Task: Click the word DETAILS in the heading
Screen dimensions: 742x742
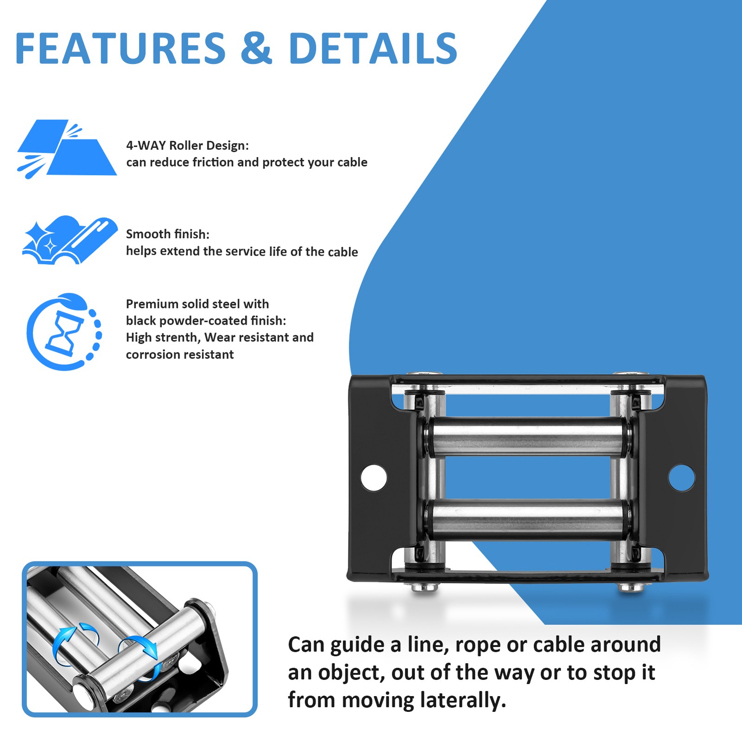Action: pos(373,48)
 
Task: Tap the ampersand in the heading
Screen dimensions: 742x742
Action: pos(256,48)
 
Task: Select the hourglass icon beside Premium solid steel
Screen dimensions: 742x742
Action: pos(64,332)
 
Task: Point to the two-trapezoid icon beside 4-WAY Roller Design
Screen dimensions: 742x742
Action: pos(67,148)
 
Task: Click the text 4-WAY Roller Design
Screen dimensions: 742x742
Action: pos(187,146)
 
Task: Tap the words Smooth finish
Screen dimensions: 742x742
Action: pos(167,234)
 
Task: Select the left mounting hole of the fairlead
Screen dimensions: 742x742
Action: pos(373,477)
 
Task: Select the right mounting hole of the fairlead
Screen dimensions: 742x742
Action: pos(681,478)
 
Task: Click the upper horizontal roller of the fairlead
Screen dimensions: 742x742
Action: pos(526,436)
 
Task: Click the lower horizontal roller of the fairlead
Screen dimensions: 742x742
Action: pos(526,519)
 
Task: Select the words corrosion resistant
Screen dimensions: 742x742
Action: pos(179,355)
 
